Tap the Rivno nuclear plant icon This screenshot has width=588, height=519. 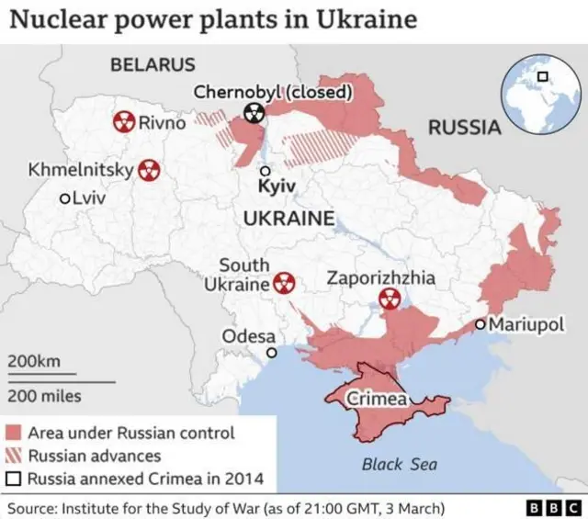click(x=123, y=122)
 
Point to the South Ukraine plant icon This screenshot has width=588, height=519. click(x=284, y=283)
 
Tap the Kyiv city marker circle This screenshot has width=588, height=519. click(x=266, y=171)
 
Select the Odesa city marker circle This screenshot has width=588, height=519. click(x=271, y=353)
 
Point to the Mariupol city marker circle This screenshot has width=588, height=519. click(x=480, y=323)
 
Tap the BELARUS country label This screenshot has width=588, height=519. click(x=153, y=64)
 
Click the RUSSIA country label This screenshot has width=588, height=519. click(x=465, y=128)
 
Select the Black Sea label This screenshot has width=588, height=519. click(x=399, y=464)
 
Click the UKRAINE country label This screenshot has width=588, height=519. click(x=288, y=218)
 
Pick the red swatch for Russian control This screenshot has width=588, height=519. click(x=14, y=433)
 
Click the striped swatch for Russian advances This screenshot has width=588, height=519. click(x=14, y=455)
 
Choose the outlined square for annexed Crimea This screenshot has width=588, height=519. click(x=14, y=478)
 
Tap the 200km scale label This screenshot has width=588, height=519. click(x=34, y=361)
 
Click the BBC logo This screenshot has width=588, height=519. click(x=549, y=507)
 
